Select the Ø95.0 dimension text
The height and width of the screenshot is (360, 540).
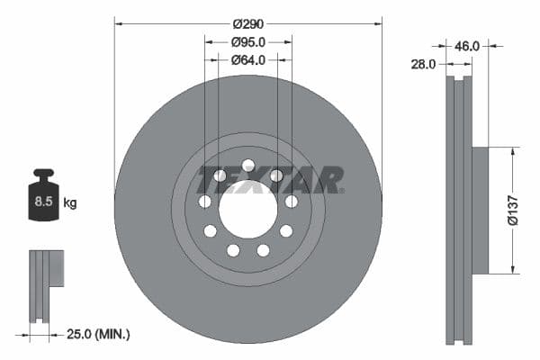click(x=248, y=41)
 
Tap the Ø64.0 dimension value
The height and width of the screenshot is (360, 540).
click(x=248, y=60)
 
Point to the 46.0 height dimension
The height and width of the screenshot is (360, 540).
click(x=467, y=44)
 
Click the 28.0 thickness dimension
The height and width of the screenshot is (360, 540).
click(x=425, y=64)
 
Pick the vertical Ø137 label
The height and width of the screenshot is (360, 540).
click(x=510, y=210)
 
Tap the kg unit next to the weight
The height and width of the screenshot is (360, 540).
click(x=70, y=203)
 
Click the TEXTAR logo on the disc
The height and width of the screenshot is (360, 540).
click(x=270, y=180)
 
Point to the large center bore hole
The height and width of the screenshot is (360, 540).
click(x=247, y=215)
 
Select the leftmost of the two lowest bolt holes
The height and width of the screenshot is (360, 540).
click(x=233, y=250)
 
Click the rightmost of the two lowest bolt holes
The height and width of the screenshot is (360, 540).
click(x=264, y=250)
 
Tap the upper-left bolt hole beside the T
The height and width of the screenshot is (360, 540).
click(x=220, y=175)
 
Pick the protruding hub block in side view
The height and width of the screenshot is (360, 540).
click(x=480, y=210)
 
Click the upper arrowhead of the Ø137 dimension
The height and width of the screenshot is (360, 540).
click(x=513, y=151)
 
